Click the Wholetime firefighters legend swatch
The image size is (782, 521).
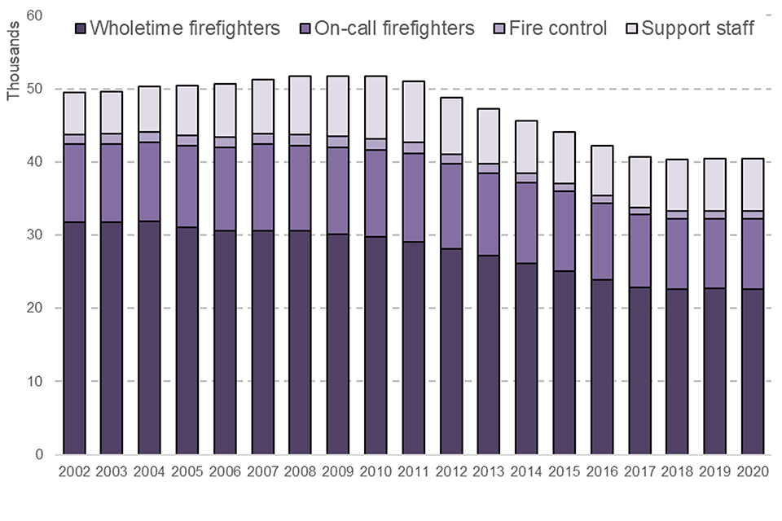tap(80, 29)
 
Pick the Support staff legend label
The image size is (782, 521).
tap(697, 28)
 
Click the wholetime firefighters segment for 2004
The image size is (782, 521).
tap(150, 338)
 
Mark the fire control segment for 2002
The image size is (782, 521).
tap(74, 139)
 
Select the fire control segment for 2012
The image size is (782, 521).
tap(451, 159)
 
